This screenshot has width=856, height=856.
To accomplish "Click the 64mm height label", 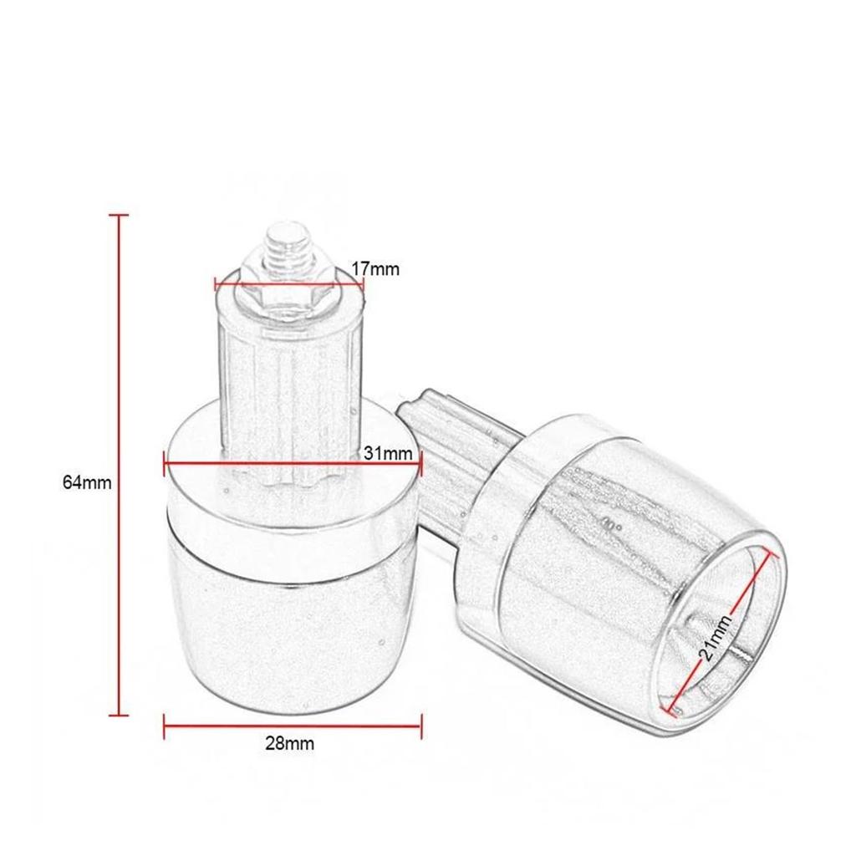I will pyautogui.click(x=87, y=482).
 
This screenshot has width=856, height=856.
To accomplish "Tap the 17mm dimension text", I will pyautogui.click(x=375, y=269).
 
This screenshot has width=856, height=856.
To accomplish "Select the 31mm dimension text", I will pyautogui.click(x=389, y=454).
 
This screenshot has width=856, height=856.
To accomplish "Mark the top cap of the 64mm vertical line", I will pyautogui.click(x=119, y=216).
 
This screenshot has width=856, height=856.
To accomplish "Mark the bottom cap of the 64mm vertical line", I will pyautogui.click(x=119, y=715).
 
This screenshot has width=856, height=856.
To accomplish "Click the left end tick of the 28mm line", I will pyautogui.click(x=165, y=725).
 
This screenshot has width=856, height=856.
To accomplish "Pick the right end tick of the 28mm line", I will pyautogui.click(x=420, y=725).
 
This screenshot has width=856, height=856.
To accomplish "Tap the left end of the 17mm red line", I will pyautogui.click(x=216, y=281).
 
